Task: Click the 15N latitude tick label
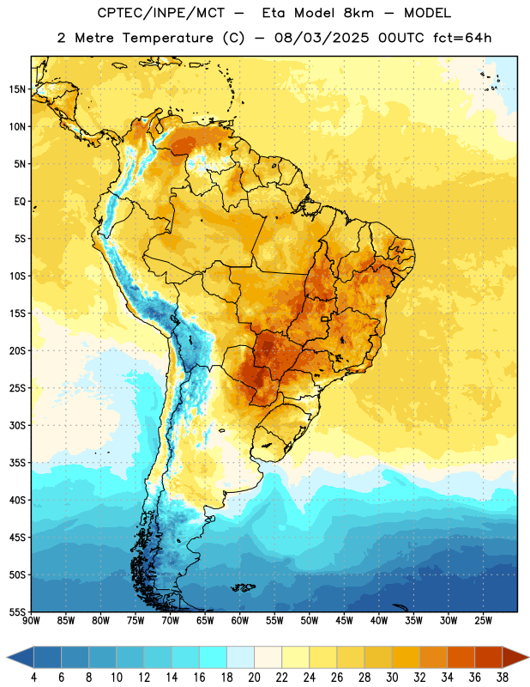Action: [17, 89]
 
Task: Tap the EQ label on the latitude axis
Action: [20, 202]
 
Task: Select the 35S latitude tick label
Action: [17, 463]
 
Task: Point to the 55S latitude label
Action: [17, 611]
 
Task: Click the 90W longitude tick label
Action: [31, 621]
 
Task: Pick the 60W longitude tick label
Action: [239, 621]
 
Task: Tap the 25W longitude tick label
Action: [483, 621]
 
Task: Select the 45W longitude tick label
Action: [344, 621]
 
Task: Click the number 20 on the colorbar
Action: [254, 678]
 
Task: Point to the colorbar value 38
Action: [503, 678]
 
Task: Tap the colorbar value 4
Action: [33, 678]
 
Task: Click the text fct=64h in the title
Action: [462, 38]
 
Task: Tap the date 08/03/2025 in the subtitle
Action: [322, 38]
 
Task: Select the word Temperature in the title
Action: [168, 38]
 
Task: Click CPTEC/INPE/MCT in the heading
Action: [161, 13]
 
